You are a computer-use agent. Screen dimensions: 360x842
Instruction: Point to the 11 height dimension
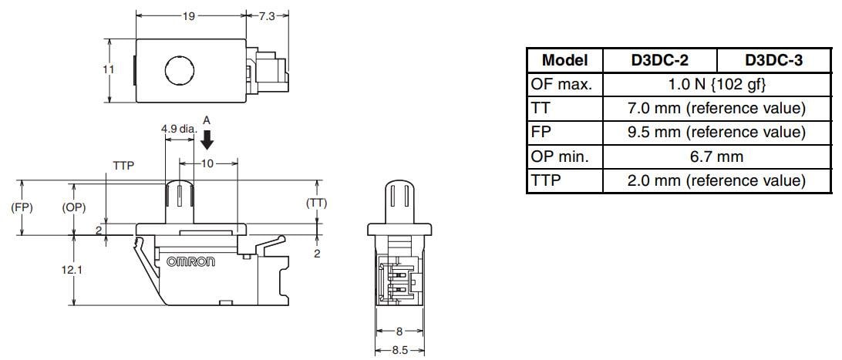click(x=109, y=69)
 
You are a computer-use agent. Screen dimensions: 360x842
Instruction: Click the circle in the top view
click(x=180, y=72)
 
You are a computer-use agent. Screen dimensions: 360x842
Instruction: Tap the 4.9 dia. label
click(x=178, y=130)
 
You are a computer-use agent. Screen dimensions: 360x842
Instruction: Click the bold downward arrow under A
click(x=206, y=140)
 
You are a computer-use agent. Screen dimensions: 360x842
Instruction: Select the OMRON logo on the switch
click(x=191, y=262)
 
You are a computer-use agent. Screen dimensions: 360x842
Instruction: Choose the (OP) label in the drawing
click(x=73, y=208)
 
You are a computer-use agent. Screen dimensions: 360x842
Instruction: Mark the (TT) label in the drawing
click(x=317, y=204)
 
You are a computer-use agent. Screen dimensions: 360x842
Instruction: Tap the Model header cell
click(x=564, y=60)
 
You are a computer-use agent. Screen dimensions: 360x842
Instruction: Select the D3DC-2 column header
click(x=659, y=60)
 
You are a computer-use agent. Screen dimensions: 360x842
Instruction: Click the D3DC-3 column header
click(x=773, y=60)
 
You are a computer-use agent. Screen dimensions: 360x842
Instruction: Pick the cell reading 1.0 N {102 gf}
click(x=717, y=84)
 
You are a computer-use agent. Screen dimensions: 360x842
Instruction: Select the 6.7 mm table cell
click(x=717, y=156)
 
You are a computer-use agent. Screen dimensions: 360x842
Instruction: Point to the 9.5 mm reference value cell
click(x=717, y=133)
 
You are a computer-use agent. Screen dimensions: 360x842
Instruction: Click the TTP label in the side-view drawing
click(x=124, y=166)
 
